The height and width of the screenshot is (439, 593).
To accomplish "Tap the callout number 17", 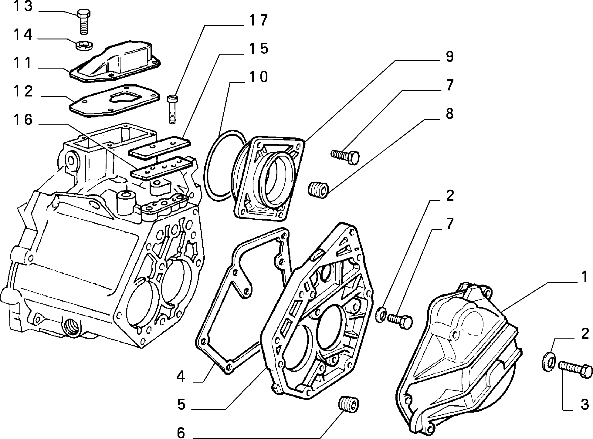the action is pos(258,21).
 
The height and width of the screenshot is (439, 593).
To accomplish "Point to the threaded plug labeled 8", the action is pos(318,190).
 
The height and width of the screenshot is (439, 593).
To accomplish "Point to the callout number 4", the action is pos(181,377).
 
